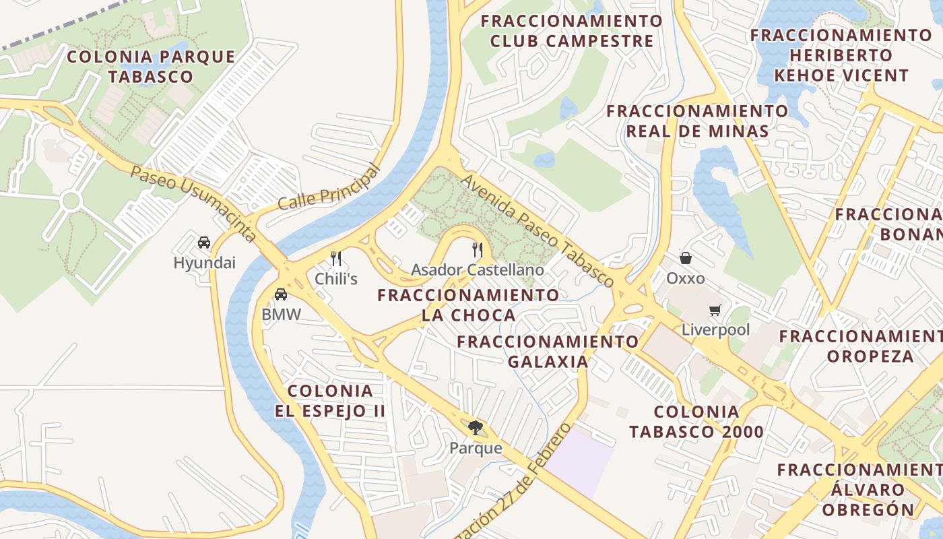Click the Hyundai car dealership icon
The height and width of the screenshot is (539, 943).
pos(203,243)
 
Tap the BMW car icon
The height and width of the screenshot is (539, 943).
pos(281,294)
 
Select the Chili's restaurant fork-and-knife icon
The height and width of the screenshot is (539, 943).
pos(336,258)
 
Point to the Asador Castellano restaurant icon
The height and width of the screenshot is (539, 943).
pos(478,250)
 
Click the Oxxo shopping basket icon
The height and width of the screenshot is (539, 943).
pos(685,258)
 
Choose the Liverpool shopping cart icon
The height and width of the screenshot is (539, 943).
pos(715,311)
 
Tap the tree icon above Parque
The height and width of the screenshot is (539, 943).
pos(476,427)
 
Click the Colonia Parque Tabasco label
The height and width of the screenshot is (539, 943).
pos(151,66)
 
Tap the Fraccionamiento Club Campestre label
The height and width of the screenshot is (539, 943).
pos(572,31)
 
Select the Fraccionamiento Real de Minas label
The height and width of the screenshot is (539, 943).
pos(697,121)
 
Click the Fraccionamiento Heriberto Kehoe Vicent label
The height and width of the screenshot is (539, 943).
pos(841,55)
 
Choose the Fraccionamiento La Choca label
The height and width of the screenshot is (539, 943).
pos(468,305)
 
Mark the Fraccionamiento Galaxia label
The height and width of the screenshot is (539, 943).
pos(548,351)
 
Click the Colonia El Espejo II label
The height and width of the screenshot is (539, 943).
pos(330,401)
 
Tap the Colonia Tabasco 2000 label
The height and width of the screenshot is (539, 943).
pos(696,422)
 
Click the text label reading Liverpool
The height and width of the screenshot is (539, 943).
pos(715,330)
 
